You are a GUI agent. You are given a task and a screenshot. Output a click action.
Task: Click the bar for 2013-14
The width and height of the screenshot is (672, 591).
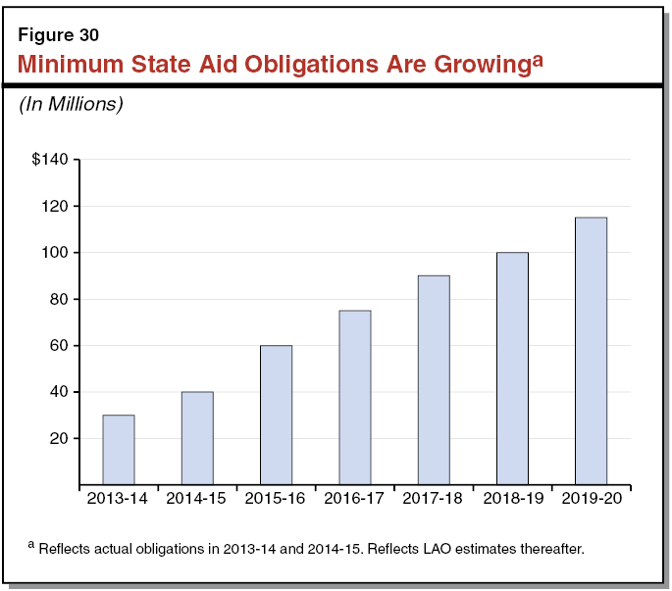point(119,450)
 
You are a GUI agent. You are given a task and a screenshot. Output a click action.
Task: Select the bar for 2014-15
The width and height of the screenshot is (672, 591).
point(197,438)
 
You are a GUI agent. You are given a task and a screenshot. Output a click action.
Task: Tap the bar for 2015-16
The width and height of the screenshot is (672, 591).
point(276,415)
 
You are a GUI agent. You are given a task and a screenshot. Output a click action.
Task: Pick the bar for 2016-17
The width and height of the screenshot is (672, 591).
point(354,397)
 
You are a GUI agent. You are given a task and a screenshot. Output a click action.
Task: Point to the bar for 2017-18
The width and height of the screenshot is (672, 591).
point(434,380)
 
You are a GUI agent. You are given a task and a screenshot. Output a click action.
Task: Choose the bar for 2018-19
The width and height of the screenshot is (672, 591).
point(512,369)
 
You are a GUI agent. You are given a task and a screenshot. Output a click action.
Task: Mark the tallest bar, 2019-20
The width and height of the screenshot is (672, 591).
point(591,351)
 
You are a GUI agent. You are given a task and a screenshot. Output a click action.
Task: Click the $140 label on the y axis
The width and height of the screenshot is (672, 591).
point(50,160)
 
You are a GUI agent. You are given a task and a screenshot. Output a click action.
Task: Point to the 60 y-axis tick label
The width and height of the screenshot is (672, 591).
point(58,346)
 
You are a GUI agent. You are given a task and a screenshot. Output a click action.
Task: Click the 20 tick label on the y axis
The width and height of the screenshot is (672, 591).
point(58,438)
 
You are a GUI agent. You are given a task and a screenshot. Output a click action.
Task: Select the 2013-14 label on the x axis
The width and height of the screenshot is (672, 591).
point(118,499)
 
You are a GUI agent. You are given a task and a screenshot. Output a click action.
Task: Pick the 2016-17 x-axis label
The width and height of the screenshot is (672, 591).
point(354,499)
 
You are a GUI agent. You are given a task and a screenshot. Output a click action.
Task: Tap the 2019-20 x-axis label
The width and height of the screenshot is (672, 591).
point(591,499)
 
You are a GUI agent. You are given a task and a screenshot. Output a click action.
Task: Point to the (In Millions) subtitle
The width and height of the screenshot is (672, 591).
point(71,105)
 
